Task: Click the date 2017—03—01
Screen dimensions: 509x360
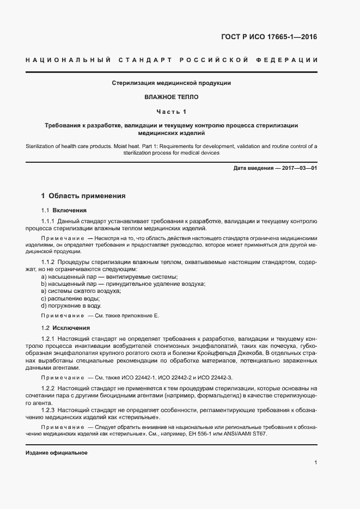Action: (297, 168)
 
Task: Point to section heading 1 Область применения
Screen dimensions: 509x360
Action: (83, 195)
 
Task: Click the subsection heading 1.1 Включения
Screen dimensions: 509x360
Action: (64, 210)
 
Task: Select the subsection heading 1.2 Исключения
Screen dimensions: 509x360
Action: (65, 328)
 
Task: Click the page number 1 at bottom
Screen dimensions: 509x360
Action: (315, 463)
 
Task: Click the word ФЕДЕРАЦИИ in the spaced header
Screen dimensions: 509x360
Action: (289, 59)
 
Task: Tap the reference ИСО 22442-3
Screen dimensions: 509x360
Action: (213, 377)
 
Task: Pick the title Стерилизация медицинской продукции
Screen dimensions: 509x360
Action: (172, 83)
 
